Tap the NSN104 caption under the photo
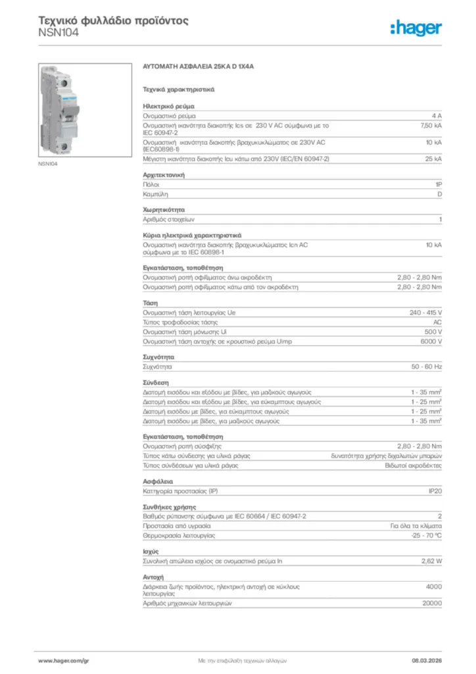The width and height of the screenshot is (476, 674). point(48,163)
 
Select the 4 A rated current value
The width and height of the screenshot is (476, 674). point(437,115)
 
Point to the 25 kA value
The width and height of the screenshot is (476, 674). point(433,159)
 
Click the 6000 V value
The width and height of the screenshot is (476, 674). point(431,342)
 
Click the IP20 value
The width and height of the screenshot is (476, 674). point(435,491)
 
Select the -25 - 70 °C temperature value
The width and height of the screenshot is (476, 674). point(426,536)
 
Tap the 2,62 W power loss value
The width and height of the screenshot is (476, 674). point(431,561)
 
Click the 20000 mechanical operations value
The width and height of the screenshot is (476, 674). point(432,603)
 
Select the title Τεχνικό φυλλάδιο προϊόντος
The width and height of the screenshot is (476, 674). point(114,20)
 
